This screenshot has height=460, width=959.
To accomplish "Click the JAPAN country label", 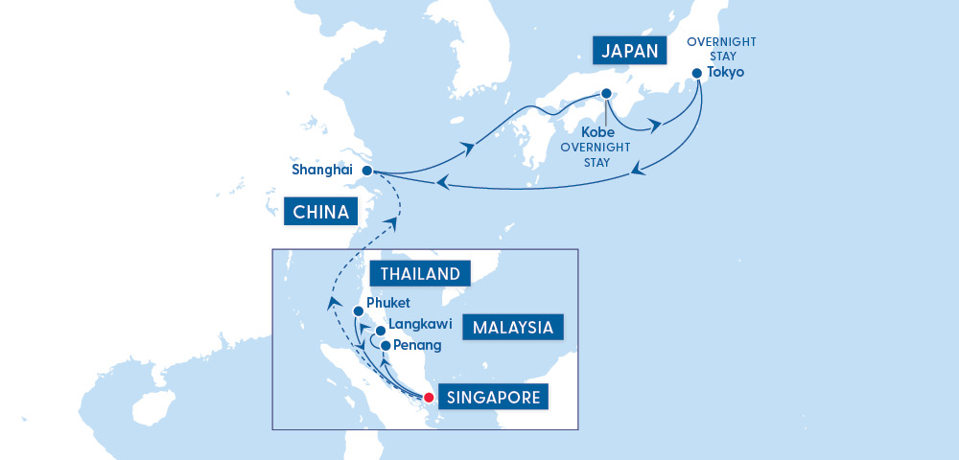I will click(629, 51).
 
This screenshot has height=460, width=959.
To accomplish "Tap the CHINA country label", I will click(320, 211).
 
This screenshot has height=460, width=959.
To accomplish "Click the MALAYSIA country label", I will click(512, 327).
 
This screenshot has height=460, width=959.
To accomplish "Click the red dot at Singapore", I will click(429, 397).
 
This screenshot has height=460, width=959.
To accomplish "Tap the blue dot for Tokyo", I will click(697, 73).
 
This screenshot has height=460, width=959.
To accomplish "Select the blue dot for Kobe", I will click(606, 94).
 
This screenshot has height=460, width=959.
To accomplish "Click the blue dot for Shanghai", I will click(366, 172).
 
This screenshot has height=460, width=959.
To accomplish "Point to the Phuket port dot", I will click(358, 310).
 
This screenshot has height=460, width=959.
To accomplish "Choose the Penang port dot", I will click(386, 346).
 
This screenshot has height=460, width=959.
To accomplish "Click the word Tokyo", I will click(726, 73).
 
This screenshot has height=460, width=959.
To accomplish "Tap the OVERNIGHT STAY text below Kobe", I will click(596, 154).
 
